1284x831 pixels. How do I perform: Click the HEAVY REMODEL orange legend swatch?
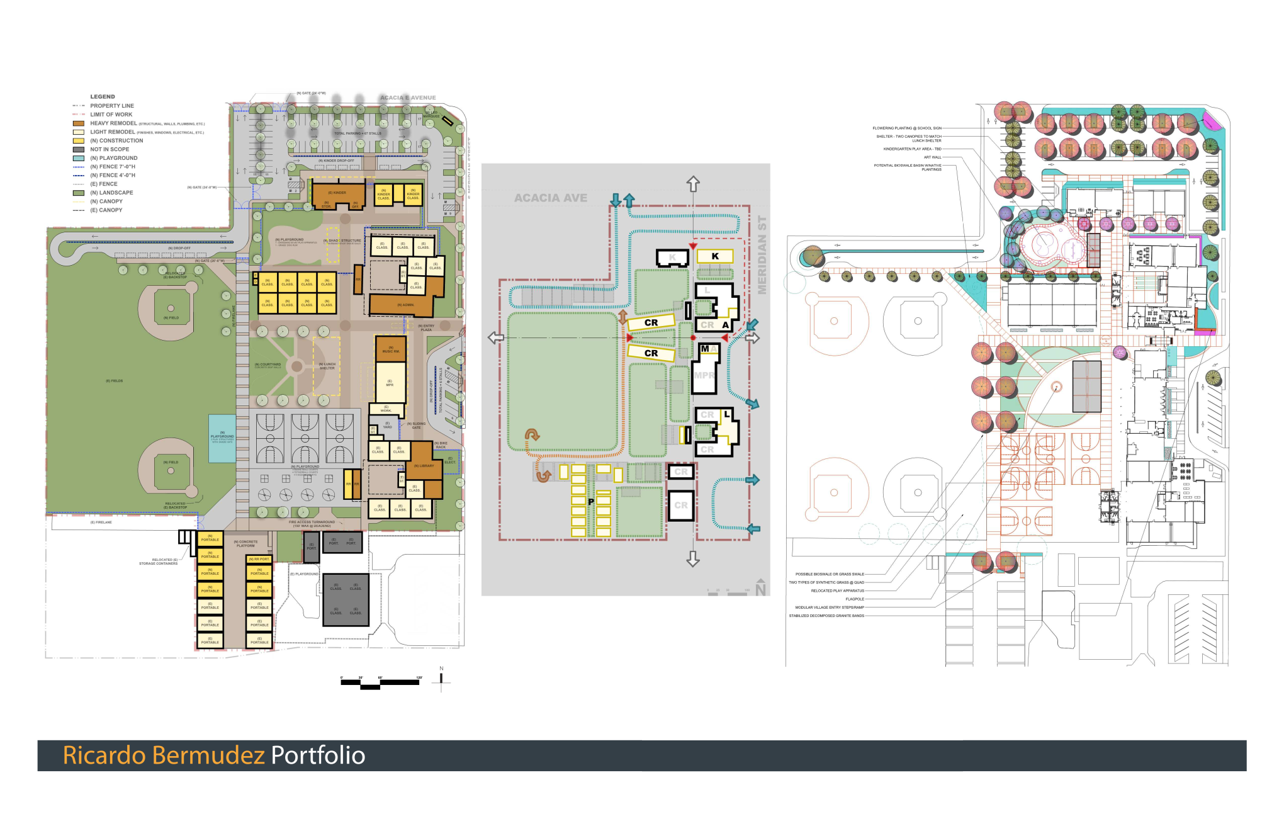(x=78, y=123)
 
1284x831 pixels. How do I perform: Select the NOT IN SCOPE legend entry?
(x=110, y=149)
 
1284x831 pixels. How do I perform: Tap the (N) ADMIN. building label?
(x=407, y=305)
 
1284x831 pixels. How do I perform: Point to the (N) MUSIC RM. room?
(x=391, y=349)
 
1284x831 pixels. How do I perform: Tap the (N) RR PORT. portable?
(x=259, y=559)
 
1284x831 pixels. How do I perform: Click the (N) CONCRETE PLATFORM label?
(x=245, y=543)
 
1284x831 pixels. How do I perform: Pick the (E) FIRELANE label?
(x=101, y=523)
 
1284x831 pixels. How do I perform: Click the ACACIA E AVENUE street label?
(x=408, y=98)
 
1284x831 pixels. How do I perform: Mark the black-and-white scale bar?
(x=381, y=682)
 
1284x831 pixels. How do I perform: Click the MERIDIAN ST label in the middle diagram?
(x=762, y=255)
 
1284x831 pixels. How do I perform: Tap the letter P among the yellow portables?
(x=591, y=502)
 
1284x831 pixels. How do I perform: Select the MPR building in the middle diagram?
(x=704, y=376)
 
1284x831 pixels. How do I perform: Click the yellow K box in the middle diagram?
(x=715, y=256)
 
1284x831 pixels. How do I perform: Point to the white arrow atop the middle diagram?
(x=693, y=184)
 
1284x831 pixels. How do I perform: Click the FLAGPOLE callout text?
(x=854, y=599)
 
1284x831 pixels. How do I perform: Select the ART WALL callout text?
(x=932, y=157)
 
